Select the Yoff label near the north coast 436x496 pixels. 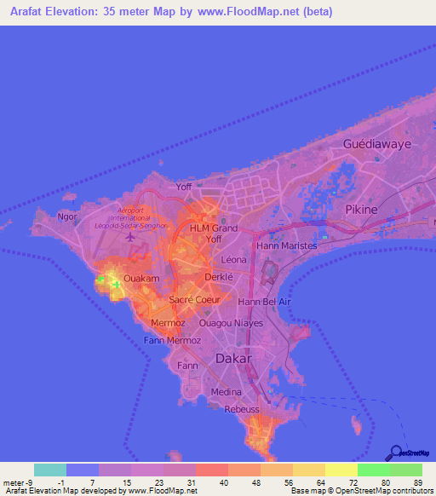(183, 185)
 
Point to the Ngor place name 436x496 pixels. (67, 216)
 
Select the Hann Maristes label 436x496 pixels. (287, 245)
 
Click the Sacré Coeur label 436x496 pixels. (194, 300)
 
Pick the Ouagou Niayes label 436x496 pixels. (230, 324)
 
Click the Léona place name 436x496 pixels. (233, 259)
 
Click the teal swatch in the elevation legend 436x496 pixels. (50, 470)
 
